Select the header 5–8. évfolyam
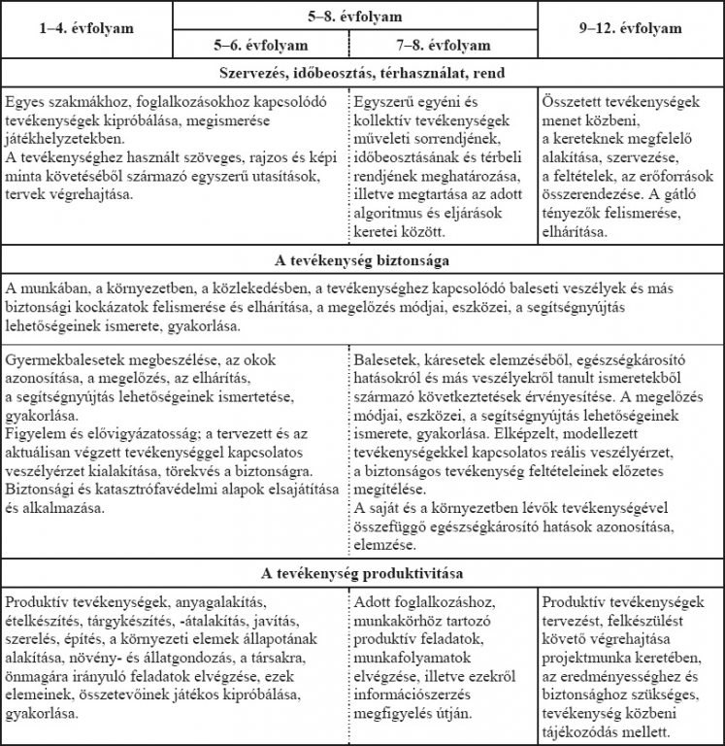tap(354, 16)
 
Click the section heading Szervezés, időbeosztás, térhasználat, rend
tap(362, 73)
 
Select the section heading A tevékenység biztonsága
tap(362, 261)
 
